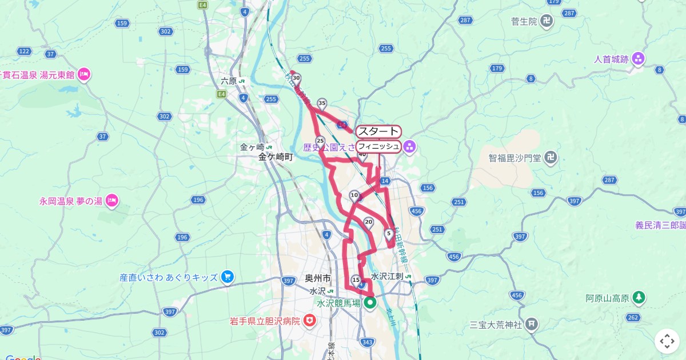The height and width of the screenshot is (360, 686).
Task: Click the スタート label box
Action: tap(378, 131)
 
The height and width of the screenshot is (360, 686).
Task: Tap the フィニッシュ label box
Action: tap(378, 147)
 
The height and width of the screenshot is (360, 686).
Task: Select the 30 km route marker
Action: tap(296, 78)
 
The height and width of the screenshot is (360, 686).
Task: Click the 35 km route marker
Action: tap(322, 103)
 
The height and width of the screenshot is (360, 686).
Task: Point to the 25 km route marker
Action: tap(320, 141)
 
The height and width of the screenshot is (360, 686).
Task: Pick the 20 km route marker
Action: tap(369, 222)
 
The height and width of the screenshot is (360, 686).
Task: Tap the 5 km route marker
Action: tap(389, 233)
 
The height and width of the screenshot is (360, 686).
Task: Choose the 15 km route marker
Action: tap(356, 280)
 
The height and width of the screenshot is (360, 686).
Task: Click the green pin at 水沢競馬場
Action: tap(370, 303)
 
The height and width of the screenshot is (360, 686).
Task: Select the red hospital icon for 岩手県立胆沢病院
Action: tap(310, 321)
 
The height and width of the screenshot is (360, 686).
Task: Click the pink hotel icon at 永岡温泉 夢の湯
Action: tap(112, 201)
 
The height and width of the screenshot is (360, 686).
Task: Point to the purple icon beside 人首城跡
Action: tap(638, 58)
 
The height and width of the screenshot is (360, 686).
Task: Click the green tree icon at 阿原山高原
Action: tap(639, 298)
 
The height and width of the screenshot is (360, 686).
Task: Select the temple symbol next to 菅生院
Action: tap(547, 22)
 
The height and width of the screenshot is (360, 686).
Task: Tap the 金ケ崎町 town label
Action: tap(276, 157)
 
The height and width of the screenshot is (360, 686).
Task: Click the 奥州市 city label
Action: tap(318, 278)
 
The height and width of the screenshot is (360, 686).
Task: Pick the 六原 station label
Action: tap(229, 81)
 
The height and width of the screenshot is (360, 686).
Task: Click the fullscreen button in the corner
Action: tap(667, 341)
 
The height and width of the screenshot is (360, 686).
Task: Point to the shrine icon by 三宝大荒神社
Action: tap(532, 325)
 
